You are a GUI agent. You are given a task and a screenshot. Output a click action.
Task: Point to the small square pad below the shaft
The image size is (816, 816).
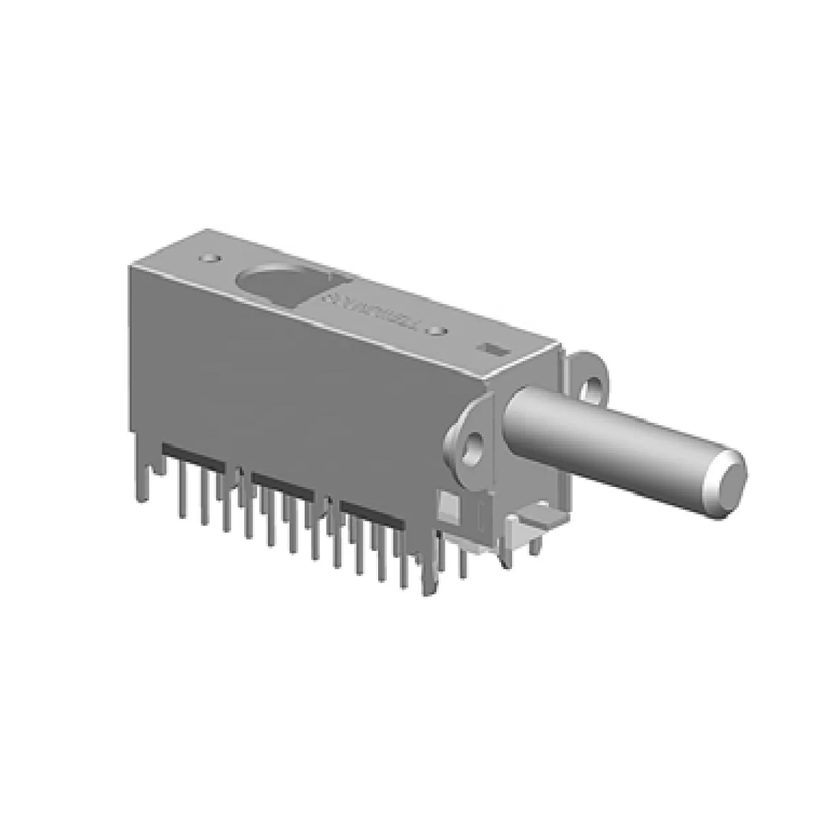pos(449,506)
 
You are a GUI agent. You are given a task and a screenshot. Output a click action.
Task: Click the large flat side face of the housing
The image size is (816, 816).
pos(286,381)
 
